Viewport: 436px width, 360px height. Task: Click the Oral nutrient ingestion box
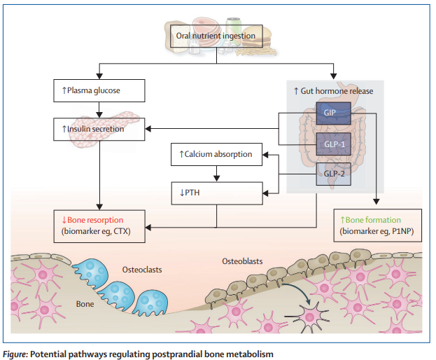tap(219, 36)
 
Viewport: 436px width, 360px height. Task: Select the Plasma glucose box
tap(99, 90)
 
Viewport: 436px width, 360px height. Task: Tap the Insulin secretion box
tap(99, 129)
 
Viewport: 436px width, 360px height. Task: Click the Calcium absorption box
tap(216, 153)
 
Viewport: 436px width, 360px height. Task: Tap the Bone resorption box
tap(99, 225)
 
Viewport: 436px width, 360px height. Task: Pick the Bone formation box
tap(379, 225)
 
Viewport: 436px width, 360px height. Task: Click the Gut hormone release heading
tap(333, 91)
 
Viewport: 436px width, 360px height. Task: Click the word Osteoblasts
tap(242, 261)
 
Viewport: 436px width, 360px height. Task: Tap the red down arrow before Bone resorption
tap(63, 219)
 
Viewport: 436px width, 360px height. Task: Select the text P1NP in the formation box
tap(405, 231)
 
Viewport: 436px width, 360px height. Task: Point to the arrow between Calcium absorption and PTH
tap(216, 171)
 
